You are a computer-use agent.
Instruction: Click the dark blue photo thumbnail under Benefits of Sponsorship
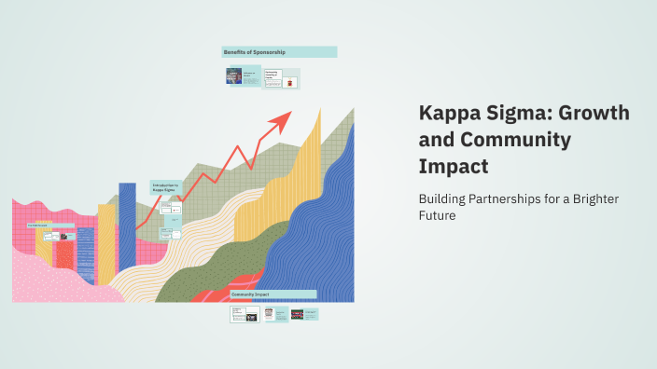[234, 76]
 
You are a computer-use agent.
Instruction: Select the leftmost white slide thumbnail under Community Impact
[245, 315]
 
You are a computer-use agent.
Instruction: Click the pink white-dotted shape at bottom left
[56, 280]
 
